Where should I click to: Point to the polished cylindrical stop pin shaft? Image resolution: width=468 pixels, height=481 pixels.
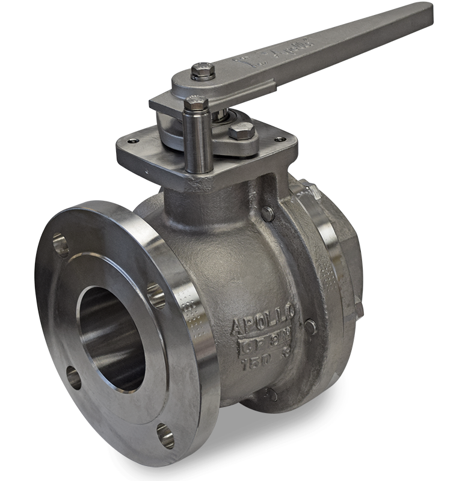click(x=198, y=144)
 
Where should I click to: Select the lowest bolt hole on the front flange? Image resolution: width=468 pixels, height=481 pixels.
click(x=165, y=436)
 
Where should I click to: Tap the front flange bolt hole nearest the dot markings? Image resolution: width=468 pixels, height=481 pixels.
click(x=156, y=295)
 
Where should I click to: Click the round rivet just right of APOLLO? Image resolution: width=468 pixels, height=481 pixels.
click(x=310, y=327)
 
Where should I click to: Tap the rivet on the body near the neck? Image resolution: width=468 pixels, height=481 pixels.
click(x=267, y=213)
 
